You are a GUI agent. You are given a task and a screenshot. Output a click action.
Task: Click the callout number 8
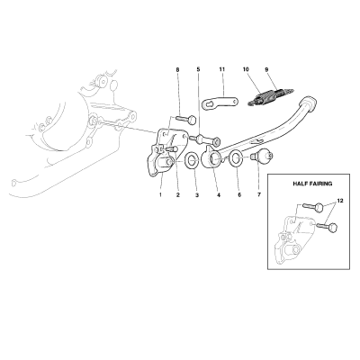tap(177, 69)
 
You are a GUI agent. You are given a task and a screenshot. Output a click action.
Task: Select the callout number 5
tap(198, 69)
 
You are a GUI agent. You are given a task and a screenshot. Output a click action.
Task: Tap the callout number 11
tap(222, 69)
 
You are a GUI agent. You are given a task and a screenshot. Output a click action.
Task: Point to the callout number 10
tap(246, 69)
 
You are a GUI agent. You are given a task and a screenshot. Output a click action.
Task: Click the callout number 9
tap(266, 69)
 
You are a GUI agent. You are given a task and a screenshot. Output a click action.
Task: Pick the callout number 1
tap(160, 195)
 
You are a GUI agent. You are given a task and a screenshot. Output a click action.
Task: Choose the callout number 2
tap(178, 195)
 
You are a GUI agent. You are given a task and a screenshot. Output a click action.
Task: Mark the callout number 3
tap(197, 195)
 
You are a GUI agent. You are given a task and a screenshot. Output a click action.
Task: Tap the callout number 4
tap(219, 195)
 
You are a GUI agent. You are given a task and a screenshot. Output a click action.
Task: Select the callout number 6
tap(239, 195)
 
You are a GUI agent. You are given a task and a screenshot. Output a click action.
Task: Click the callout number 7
tap(259, 195)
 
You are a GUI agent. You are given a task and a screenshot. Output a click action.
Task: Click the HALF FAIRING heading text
tap(312, 184)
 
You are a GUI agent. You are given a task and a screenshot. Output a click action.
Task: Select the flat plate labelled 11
tap(220, 103)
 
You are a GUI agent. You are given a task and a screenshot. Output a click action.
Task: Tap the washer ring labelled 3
tap(192, 161)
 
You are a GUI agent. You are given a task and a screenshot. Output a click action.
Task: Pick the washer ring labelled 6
tap(236, 158)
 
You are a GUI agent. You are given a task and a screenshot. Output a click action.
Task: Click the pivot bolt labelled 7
tap(262, 156)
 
